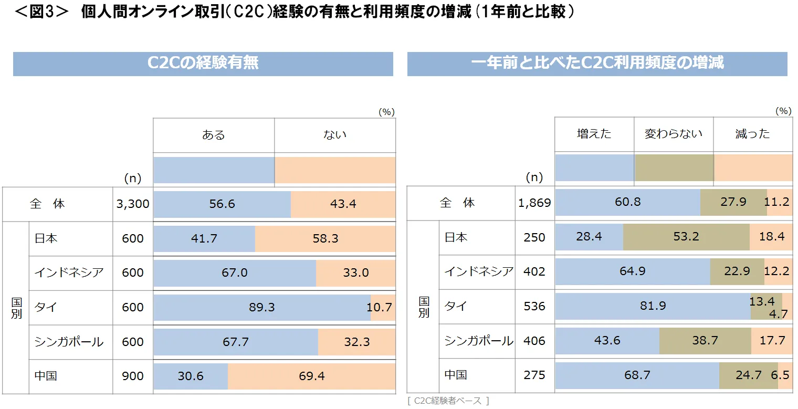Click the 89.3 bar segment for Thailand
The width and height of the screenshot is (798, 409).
[262, 307]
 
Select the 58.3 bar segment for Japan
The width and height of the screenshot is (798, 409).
[325, 239]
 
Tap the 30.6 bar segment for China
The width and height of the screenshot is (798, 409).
[191, 376]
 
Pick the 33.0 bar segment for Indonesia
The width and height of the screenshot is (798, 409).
[355, 273]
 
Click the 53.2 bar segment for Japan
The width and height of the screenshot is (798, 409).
[686, 237]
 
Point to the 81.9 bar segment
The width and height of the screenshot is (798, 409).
[653, 306]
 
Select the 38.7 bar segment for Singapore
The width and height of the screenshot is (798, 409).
[705, 341]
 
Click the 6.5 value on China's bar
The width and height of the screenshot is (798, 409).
[785, 376]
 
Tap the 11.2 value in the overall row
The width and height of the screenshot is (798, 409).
[779, 202]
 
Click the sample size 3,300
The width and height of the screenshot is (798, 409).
[133, 204]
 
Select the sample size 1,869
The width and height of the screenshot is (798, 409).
[534, 203]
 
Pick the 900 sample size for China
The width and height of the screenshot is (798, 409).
[133, 376]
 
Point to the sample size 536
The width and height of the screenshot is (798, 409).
[534, 306]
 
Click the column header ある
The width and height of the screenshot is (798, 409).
[213, 135]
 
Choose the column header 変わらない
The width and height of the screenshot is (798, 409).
[674, 134]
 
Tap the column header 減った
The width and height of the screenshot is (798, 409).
[752, 134]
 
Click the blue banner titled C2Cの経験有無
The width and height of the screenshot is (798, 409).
[203, 64]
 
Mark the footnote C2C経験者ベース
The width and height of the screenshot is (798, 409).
[447, 401]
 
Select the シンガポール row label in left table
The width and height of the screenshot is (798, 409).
[69, 342]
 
